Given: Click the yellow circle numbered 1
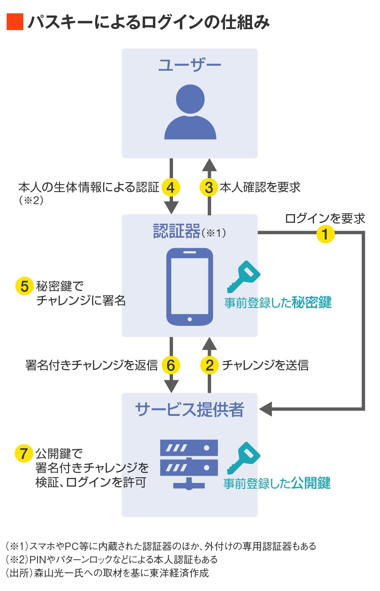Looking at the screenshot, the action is [325, 233].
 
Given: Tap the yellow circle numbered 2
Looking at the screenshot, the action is [209, 365].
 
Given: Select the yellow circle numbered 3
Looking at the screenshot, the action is [209, 187].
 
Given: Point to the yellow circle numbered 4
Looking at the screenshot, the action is [171, 187].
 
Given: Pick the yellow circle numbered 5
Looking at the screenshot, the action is [25, 286].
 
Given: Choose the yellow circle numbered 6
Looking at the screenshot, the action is [171, 365].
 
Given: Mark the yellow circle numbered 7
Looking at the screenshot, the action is [24, 453].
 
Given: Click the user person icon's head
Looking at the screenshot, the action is [190, 99].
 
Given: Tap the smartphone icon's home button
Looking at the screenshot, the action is [190, 319].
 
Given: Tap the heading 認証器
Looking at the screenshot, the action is [177, 231].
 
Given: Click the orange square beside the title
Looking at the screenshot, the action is [15, 22].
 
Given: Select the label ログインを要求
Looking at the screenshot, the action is [325, 218].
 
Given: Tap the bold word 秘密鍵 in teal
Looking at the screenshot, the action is [311, 302].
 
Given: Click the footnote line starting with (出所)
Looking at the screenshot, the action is [107, 573].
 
